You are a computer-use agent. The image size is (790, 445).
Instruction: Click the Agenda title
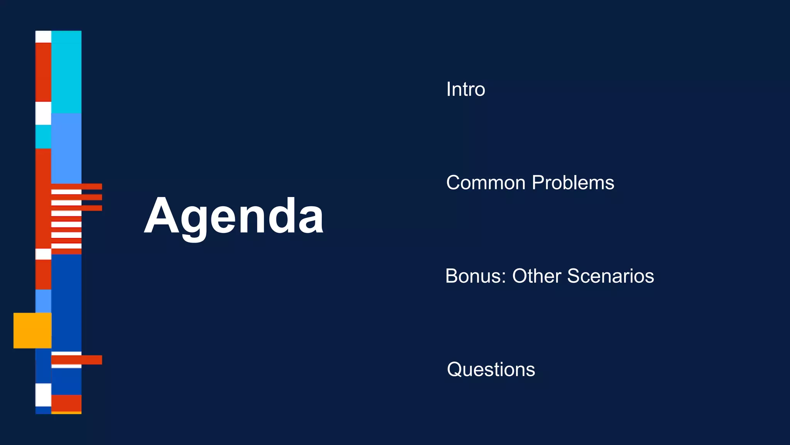point(234,216)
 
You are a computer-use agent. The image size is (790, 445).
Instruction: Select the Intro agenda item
point(465,89)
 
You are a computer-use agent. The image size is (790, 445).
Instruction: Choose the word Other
point(537,276)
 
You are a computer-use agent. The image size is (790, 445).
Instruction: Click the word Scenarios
point(610,276)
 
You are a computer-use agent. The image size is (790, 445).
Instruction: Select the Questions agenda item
point(491,369)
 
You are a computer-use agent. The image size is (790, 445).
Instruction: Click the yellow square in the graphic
point(32,330)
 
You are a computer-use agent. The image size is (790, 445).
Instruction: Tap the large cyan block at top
point(66,72)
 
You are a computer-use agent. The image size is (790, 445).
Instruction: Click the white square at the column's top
point(43,37)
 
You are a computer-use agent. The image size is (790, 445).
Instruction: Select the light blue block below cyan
point(66,148)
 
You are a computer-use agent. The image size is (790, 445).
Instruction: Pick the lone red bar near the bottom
point(77,360)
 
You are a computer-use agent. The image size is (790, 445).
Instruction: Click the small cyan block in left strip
point(43,137)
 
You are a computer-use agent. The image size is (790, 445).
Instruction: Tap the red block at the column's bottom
point(66,403)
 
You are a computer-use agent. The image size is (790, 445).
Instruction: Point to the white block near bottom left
point(43,394)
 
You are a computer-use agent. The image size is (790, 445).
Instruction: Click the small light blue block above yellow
point(43,301)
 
